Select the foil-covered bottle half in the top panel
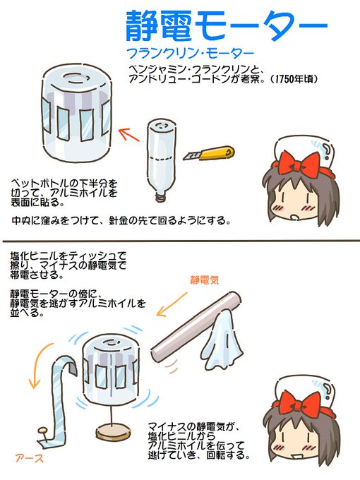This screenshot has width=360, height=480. point(75,113)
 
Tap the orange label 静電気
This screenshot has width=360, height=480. point(205,280)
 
